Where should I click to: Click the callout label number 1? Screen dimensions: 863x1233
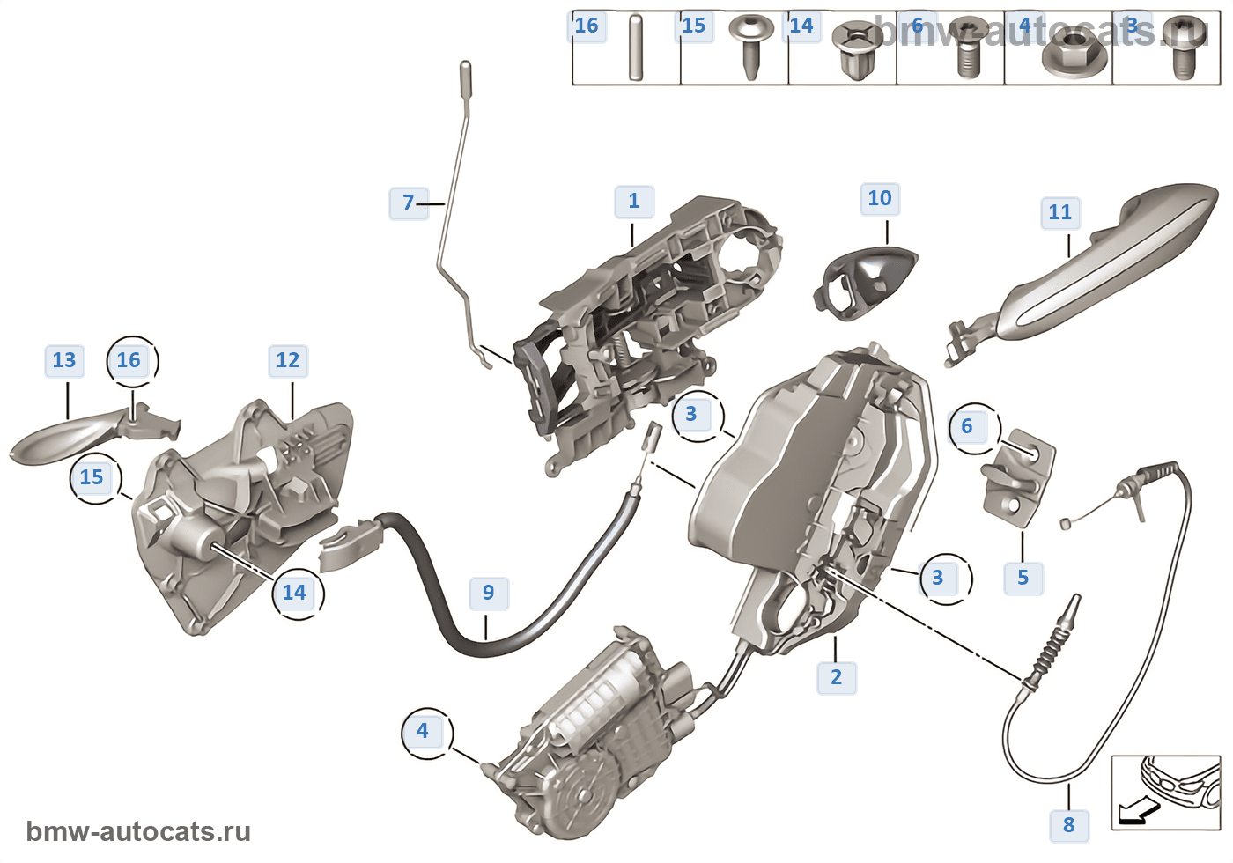634,201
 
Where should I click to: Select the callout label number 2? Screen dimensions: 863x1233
836,677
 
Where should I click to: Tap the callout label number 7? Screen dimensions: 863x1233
408,203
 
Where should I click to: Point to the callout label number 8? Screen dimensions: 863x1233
1068,825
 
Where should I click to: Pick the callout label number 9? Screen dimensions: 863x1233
488,593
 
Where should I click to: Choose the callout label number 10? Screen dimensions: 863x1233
880,198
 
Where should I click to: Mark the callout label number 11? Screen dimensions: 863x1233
1059,212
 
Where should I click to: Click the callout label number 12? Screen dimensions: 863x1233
288,360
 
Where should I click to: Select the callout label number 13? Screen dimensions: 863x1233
64,360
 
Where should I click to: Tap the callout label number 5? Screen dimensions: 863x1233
1023,578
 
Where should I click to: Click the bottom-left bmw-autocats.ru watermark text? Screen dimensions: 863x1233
138,831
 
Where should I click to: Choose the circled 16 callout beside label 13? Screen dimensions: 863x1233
129,360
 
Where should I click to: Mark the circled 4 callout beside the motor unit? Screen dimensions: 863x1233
423,731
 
